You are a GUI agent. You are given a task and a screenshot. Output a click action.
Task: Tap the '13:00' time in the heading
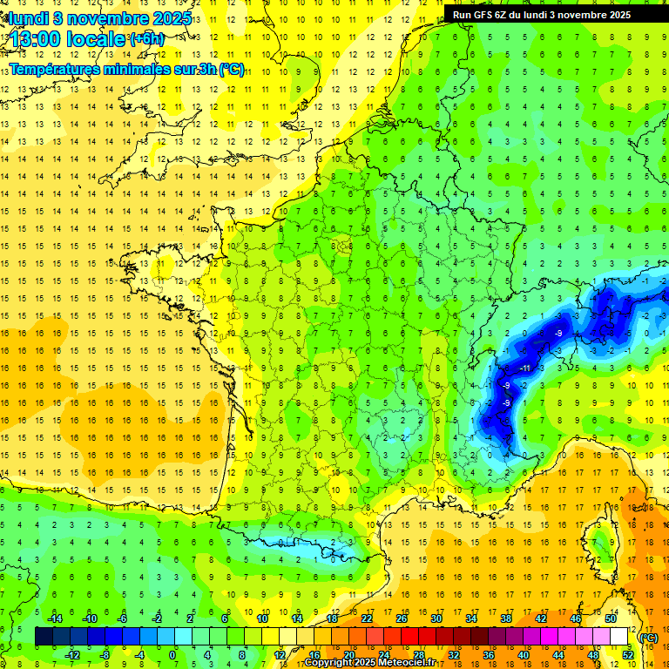[x=36, y=39]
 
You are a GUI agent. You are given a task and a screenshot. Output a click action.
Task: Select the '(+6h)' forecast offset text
[x=145, y=39]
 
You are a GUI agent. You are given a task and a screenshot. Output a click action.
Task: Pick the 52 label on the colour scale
[x=628, y=654]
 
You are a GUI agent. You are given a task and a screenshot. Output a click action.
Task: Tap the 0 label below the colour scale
[x=172, y=654]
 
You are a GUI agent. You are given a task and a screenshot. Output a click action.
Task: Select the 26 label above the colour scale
[x=402, y=618]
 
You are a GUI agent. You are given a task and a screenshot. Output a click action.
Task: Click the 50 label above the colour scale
[x=611, y=618]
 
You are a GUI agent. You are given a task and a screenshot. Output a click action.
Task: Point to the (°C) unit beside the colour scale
[x=648, y=637]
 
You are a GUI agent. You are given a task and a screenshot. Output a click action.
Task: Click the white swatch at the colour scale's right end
[x=619, y=636]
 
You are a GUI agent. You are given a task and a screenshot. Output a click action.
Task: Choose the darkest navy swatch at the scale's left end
[x=44, y=636]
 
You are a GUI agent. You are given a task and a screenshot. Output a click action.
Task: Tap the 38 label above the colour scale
[x=506, y=618]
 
